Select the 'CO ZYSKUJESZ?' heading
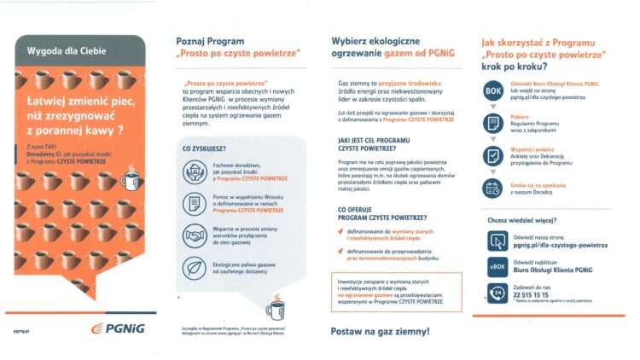click(x=198, y=149)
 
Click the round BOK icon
click(x=493, y=91)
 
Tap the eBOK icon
click(x=495, y=264)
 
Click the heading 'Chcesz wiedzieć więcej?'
click(x=527, y=220)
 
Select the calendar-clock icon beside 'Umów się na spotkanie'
click(x=493, y=188)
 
